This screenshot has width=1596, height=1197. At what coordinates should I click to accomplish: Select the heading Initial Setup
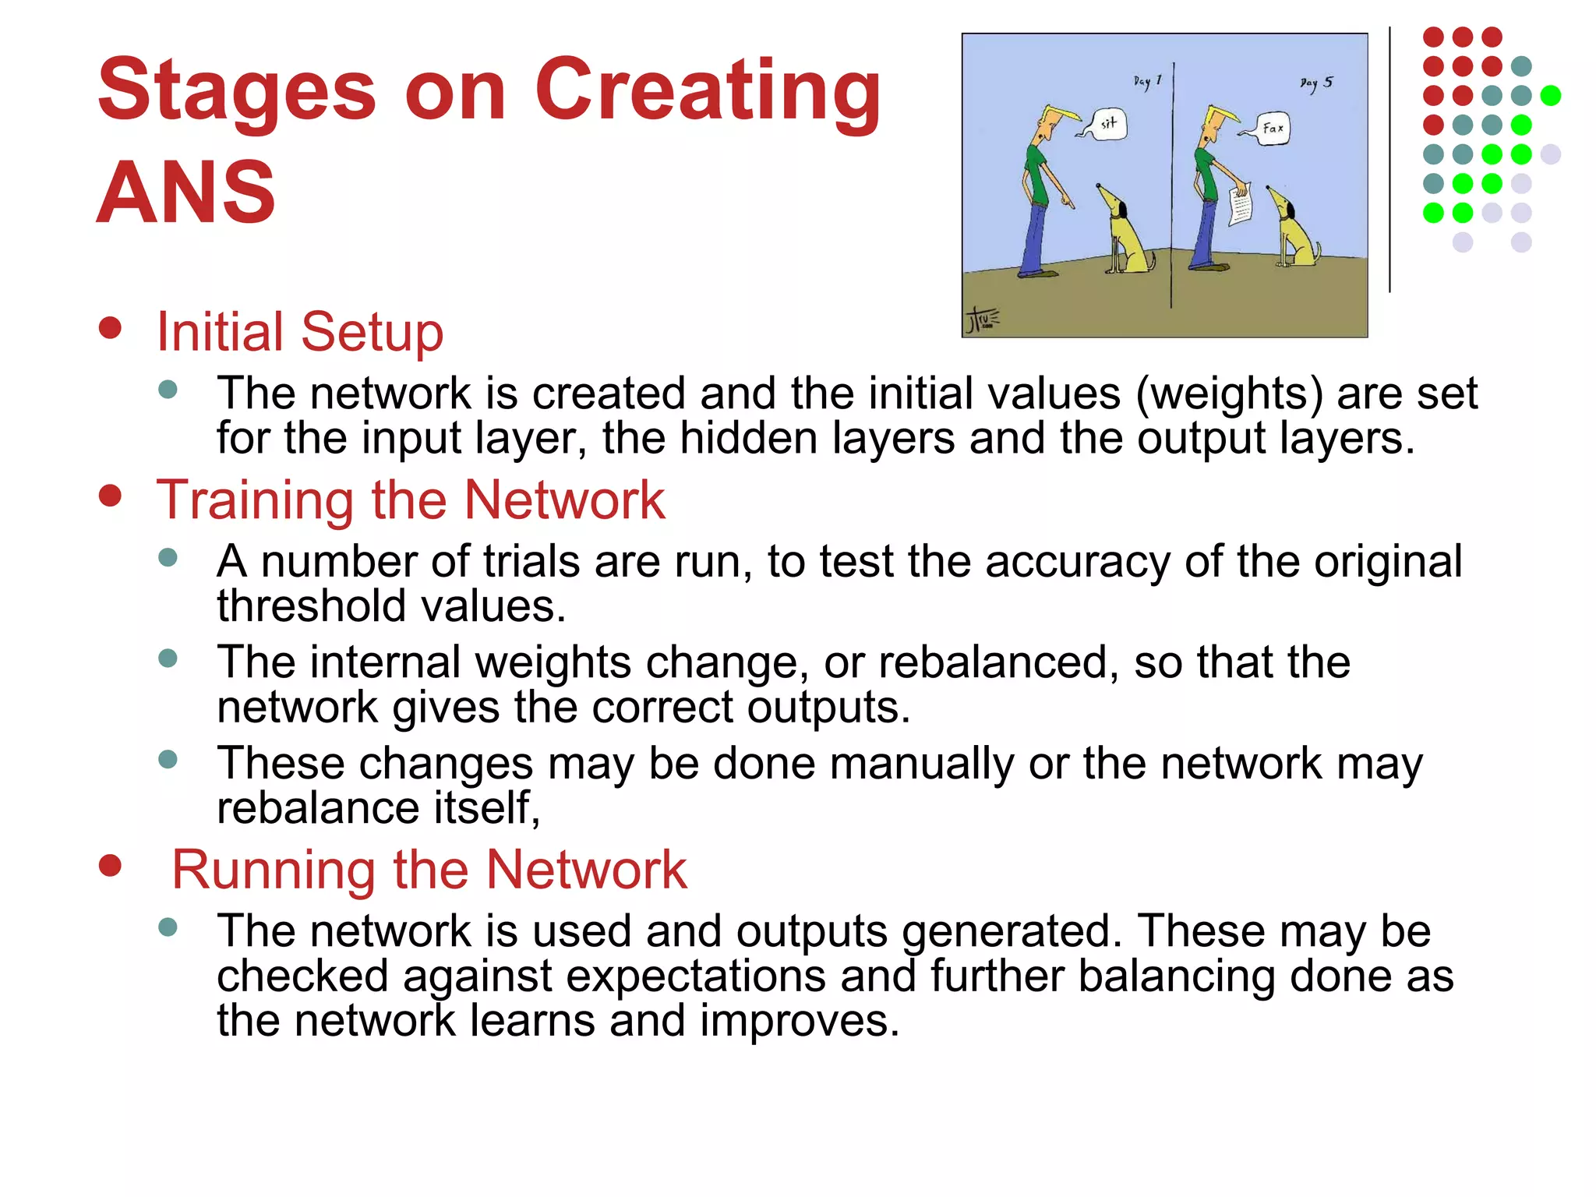(x=299, y=332)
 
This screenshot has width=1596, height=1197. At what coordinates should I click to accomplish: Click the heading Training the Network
(x=410, y=500)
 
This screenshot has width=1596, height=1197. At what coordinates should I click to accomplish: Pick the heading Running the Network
(x=429, y=869)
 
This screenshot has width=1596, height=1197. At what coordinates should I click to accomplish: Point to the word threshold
(x=312, y=606)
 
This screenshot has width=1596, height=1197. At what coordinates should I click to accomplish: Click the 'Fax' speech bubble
(x=1273, y=128)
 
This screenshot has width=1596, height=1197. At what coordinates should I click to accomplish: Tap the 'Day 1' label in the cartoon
(x=1147, y=81)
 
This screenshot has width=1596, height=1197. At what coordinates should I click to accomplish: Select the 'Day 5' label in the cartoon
(x=1316, y=83)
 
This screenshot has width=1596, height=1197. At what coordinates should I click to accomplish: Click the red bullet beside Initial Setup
(x=111, y=328)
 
